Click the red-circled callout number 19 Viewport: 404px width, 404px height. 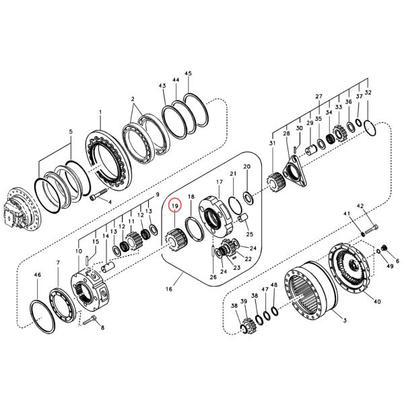click(x=174, y=205)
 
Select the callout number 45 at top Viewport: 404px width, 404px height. click(x=188, y=73)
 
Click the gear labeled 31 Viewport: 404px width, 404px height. click(x=274, y=181)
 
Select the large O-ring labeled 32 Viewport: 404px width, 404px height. click(x=369, y=136)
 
